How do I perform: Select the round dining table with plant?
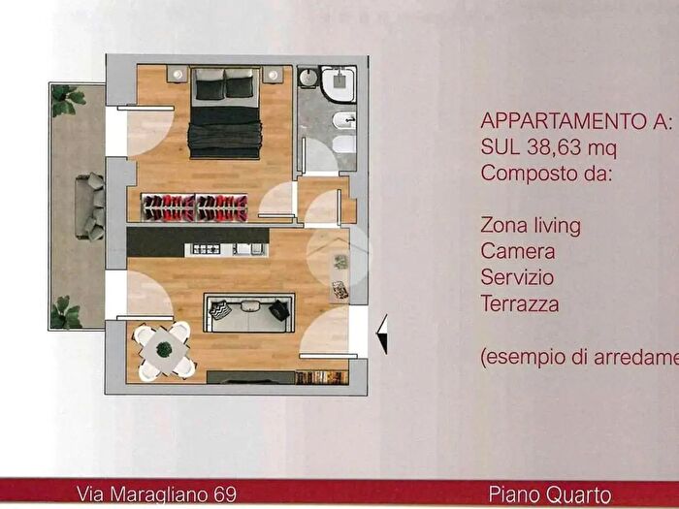tap(163, 348)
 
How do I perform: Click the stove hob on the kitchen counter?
tap(207, 249)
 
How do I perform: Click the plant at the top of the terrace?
tap(68, 98)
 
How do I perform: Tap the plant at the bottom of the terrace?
tap(66, 312)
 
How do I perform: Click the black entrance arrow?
tap(381, 334)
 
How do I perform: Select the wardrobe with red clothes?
tap(195, 207)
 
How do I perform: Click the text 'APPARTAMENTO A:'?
tap(576, 122)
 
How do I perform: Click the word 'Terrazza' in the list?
tap(520, 304)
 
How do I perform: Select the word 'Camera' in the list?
tap(517, 251)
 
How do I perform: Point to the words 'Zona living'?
tap(531, 225)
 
